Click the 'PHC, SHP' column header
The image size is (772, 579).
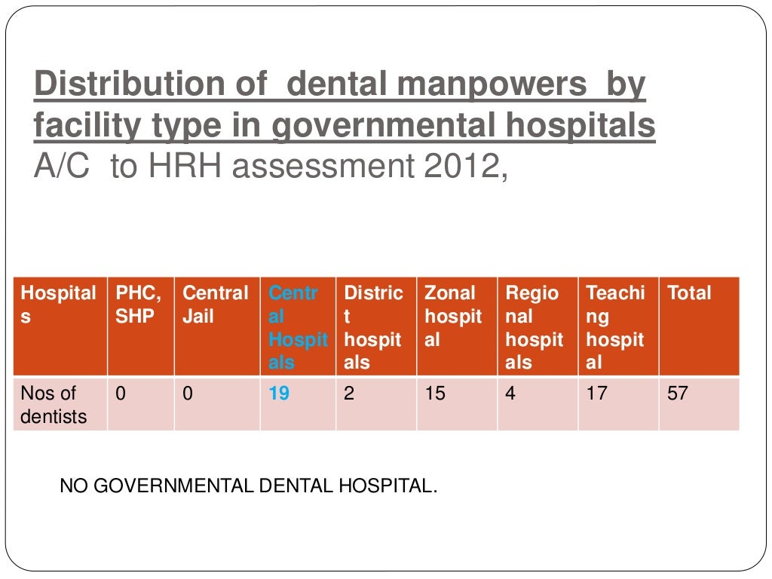point(138,305)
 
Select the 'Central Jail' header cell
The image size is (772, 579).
point(216,305)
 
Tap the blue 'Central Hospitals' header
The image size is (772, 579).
point(298,327)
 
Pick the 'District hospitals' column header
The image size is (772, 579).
point(373,327)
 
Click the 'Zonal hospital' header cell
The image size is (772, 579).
point(453,316)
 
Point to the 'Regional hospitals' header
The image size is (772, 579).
point(534,327)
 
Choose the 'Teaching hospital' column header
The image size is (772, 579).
point(615,327)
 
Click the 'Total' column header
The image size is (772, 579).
point(689,293)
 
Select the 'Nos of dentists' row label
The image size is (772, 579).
point(54,404)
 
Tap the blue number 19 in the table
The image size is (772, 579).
point(279,394)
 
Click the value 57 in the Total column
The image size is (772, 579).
point(678,394)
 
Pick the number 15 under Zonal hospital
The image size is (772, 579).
point(435,394)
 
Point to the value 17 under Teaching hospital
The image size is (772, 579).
point(596,394)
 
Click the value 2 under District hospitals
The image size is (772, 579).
point(349,394)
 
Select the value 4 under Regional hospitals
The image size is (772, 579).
point(510,394)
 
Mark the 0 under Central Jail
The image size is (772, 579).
point(188,394)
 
